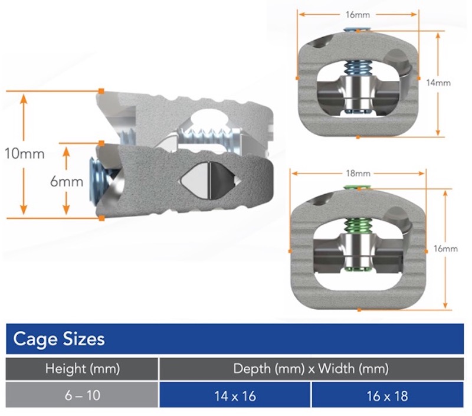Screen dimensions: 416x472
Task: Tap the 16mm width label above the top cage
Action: [x=358, y=14]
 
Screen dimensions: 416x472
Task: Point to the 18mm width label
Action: [x=359, y=173]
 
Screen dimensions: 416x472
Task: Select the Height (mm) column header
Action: [x=82, y=369]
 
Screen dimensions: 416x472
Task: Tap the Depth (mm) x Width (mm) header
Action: [x=311, y=369]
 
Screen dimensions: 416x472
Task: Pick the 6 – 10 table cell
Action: [x=82, y=395]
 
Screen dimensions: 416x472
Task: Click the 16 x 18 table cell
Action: [x=387, y=395]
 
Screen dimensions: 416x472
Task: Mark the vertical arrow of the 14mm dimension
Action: [x=438, y=112]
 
